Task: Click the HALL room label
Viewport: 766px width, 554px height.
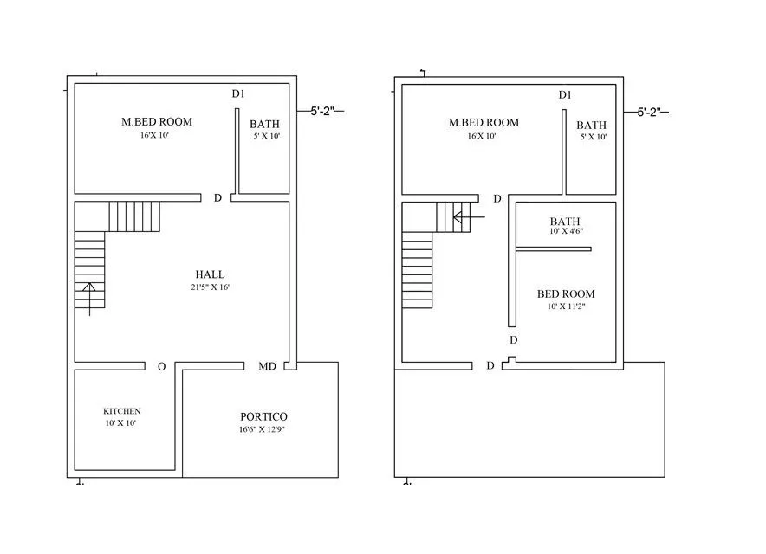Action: (x=210, y=274)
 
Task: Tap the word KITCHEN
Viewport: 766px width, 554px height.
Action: (x=122, y=411)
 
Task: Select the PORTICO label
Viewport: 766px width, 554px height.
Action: (x=263, y=417)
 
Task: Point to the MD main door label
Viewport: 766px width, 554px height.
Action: (x=267, y=367)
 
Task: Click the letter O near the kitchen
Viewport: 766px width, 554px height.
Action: (x=161, y=367)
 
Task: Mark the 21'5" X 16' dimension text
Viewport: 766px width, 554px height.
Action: (x=210, y=287)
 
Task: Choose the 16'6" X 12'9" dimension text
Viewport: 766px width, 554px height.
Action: (x=262, y=429)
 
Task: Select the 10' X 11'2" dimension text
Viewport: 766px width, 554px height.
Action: (x=565, y=306)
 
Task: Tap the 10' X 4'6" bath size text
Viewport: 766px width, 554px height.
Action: (x=565, y=232)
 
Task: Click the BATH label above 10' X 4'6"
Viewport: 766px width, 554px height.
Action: (x=565, y=222)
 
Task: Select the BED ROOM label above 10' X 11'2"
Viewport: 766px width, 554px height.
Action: (x=566, y=294)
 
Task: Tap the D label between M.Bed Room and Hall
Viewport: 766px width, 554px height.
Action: (x=217, y=198)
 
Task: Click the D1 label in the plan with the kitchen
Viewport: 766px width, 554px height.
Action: (x=238, y=93)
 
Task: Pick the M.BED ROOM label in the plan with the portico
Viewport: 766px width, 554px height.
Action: (x=157, y=122)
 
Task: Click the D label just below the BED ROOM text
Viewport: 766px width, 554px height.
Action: (x=513, y=339)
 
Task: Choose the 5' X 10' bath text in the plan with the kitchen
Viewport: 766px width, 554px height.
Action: (x=266, y=136)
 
